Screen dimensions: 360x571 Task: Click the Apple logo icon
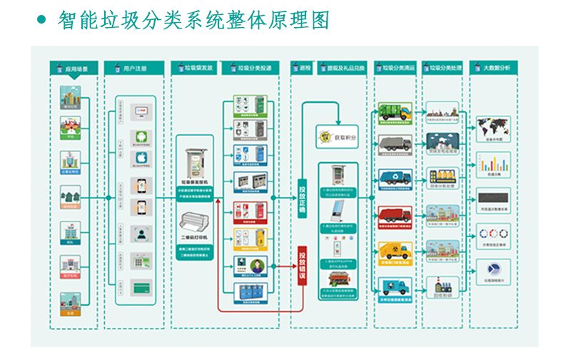[143, 158]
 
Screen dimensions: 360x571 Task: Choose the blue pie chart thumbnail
[493, 269]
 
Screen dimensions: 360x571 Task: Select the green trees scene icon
[70, 195]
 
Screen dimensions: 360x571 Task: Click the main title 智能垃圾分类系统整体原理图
[193, 20]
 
